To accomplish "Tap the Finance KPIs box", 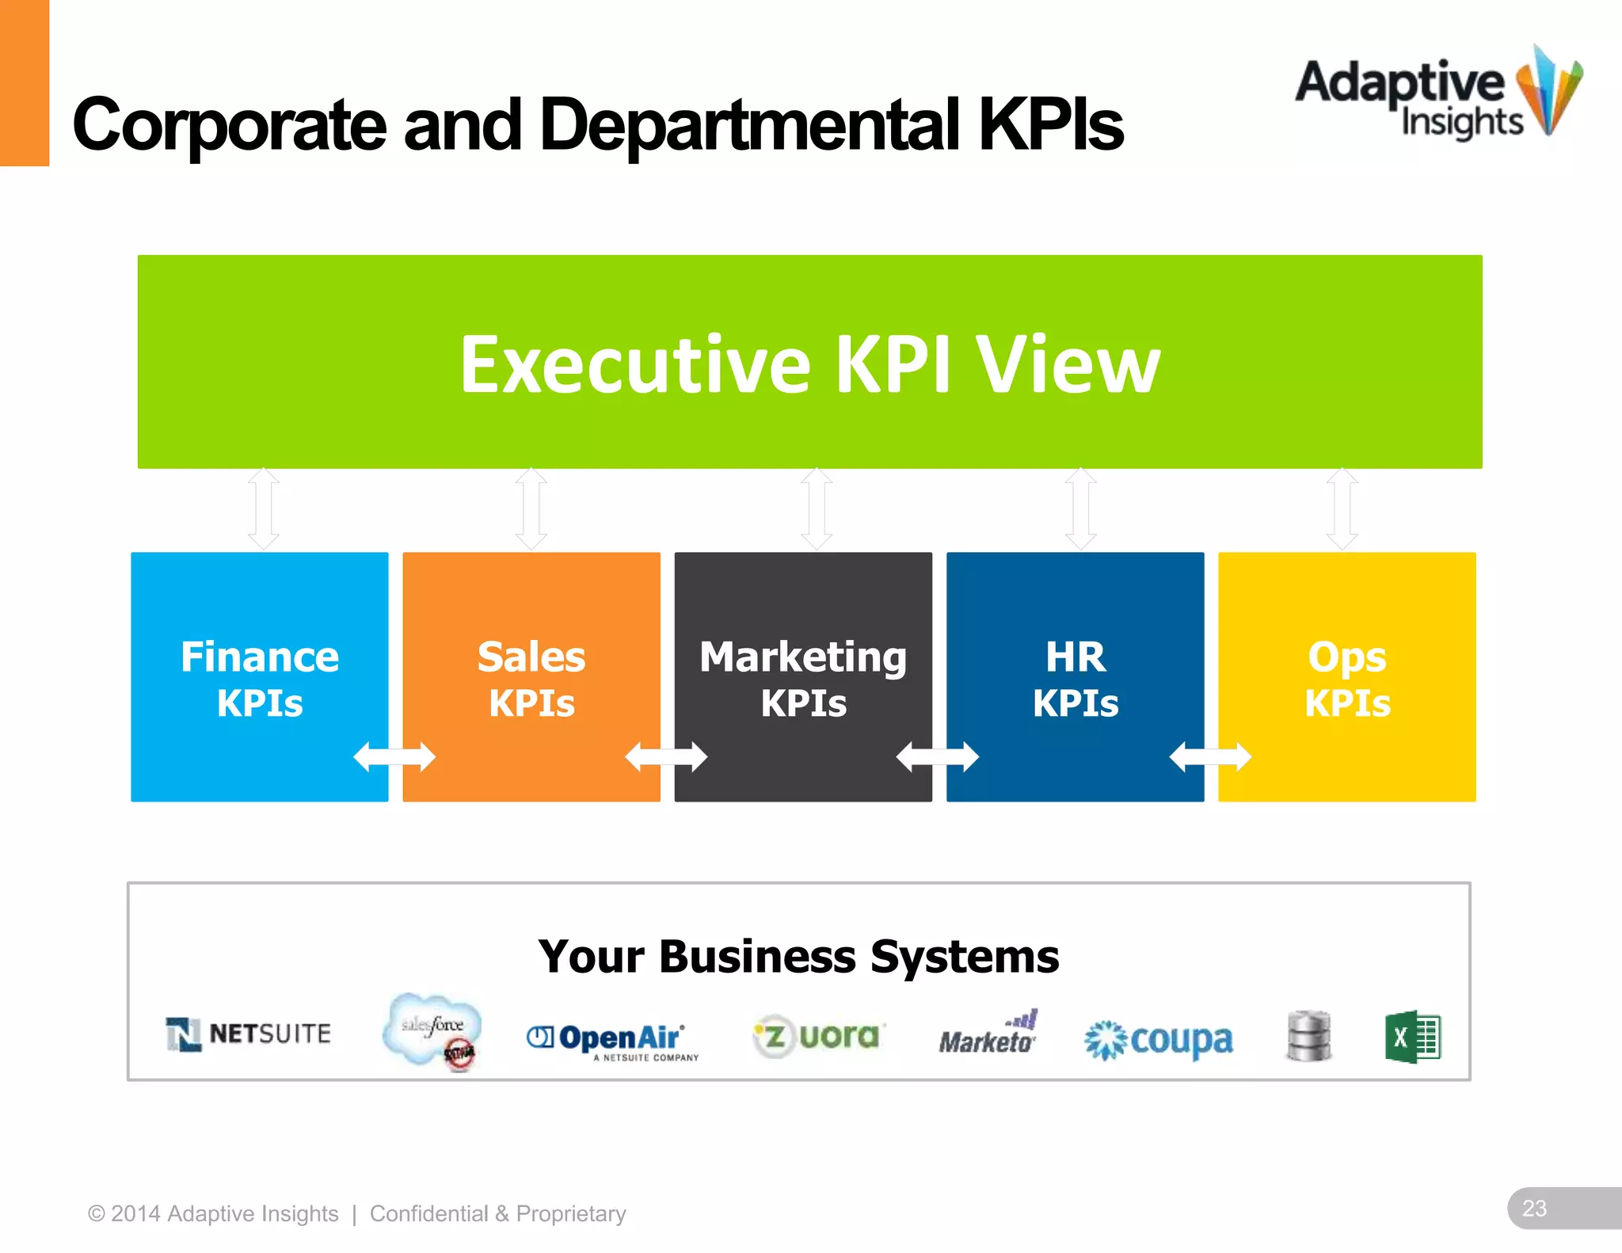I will pyautogui.click(x=259, y=677).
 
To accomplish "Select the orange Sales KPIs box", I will pyautogui.click(x=531, y=677).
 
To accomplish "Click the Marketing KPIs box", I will pyautogui.click(x=802, y=677).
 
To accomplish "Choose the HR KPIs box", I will pyautogui.click(x=1075, y=677).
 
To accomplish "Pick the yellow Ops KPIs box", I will pyautogui.click(x=1346, y=677).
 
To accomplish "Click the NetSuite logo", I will pyautogui.click(x=249, y=1034).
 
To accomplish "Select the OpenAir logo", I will pyautogui.click(x=612, y=1040).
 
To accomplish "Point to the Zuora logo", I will pyautogui.click(x=817, y=1036).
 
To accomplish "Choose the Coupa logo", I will pyautogui.click(x=1159, y=1040).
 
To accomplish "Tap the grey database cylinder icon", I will pyautogui.click(x=1308, y=1035).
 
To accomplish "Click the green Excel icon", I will pyautogui.click(x=1412, y=1037).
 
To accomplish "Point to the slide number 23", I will pyautogui.click(x=1534, y=1208).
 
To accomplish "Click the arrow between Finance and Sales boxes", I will pyautogui.click(x=394, y=757).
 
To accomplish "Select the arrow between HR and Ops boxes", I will pyautogui.click(x=1210, y=757).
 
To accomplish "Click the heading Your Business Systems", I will pyautogui.click(x=798, y=957).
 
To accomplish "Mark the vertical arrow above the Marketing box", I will pyautogui.click(x=817, y=508).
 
